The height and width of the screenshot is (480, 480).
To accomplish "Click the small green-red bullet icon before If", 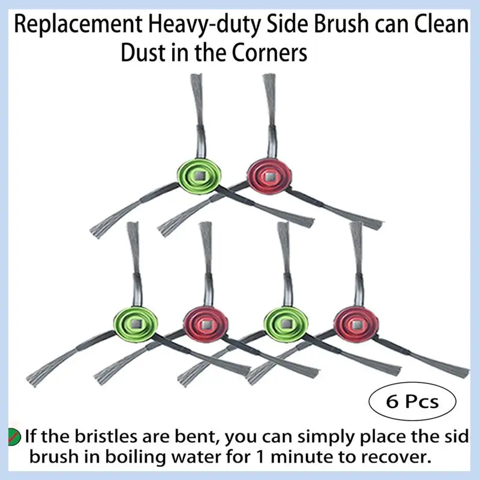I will tap(12, 435).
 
